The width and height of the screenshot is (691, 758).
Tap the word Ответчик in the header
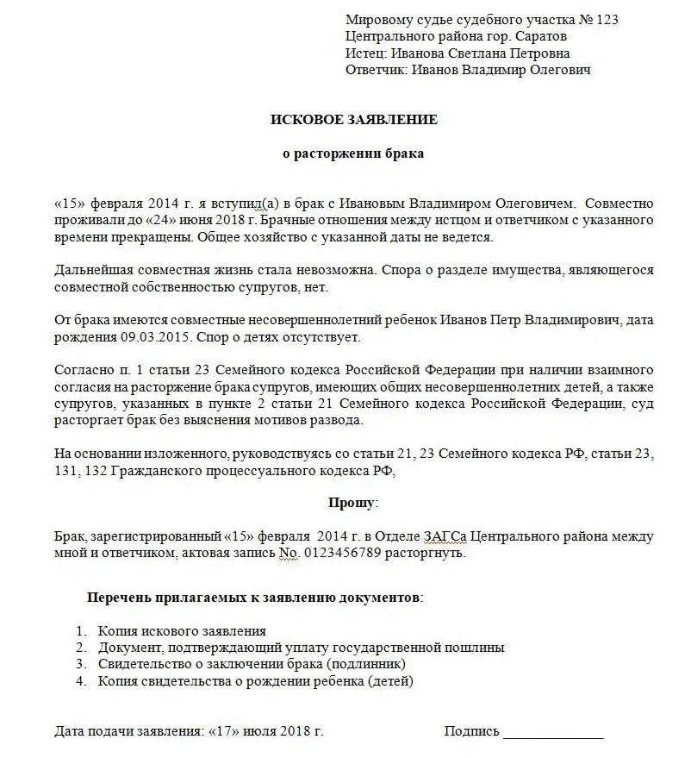click(x=376, y=70)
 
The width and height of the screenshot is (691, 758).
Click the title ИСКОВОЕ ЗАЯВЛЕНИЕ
click(x=354, y=120)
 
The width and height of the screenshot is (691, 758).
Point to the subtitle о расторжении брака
click(x=354, y=153)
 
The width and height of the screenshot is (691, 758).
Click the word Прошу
click(x=352, y=502)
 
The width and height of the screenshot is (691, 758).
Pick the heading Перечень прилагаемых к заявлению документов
click(x=255, y=597)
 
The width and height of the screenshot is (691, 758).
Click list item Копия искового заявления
click(x=182, y=630)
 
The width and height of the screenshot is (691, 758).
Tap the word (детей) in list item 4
click(x=391, y=681)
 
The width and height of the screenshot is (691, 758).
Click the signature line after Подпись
click(x=553, y=733)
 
